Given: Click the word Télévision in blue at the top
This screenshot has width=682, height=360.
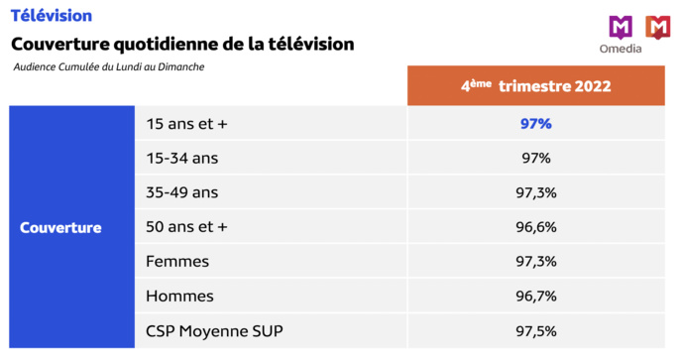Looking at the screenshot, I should point(52,16).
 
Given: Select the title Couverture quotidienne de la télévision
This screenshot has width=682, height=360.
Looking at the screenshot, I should point(182,45).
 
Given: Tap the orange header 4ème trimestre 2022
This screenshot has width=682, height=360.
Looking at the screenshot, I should point(534,85).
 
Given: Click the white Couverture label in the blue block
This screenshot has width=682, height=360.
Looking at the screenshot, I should point(60,227).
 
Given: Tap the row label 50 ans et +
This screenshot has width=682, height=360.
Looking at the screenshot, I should point(186,227).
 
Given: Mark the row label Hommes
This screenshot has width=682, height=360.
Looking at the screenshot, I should point(179,296).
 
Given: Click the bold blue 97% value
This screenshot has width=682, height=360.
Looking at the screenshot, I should point(535,124).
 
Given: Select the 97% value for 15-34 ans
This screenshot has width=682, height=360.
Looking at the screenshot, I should point(535,158).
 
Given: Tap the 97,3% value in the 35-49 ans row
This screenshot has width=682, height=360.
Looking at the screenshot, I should point(535,192).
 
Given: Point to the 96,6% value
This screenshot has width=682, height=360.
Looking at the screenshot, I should point(535,227).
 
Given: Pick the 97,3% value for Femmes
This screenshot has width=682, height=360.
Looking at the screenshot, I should point(535,261).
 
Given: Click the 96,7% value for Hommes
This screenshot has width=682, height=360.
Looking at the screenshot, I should point(535,296).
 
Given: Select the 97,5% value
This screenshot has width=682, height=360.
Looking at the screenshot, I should point(535,330).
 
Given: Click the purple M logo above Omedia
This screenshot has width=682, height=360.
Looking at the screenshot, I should point(621,27).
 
